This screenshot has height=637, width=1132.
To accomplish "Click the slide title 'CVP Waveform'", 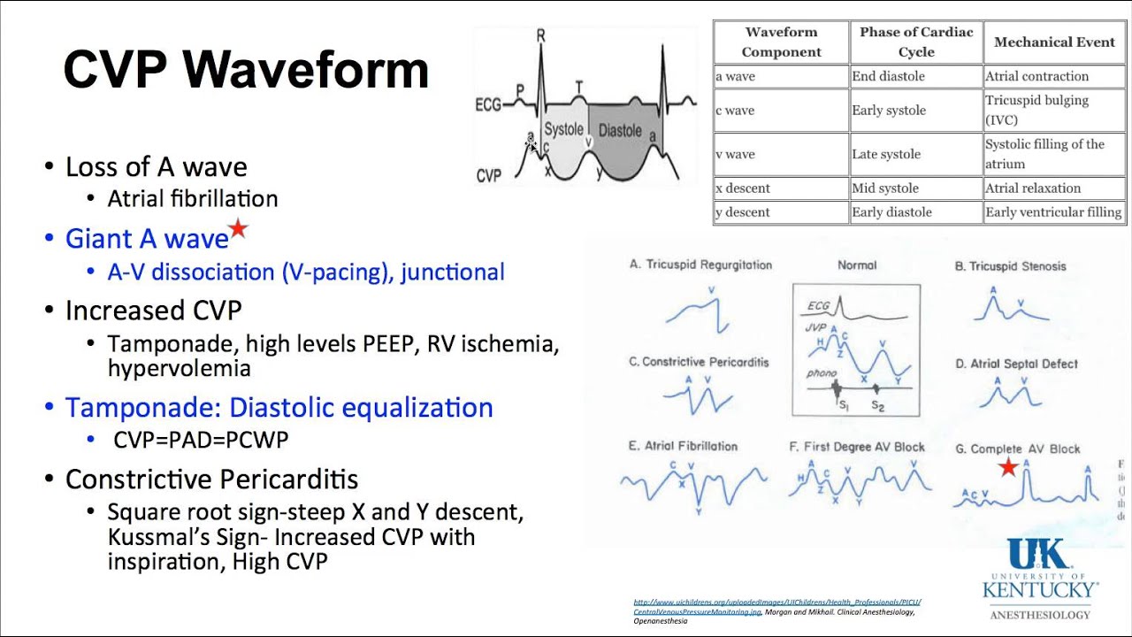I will [246, 70].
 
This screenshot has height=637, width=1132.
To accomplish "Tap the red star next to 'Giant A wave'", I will [238, 230].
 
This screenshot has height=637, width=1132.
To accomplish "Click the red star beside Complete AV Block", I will [1007, 467].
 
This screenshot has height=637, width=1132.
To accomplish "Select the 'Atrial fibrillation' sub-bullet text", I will [193, 198].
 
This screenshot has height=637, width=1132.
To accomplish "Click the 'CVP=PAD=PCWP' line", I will [201, 439].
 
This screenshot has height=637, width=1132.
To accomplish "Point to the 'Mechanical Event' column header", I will [1054, 42].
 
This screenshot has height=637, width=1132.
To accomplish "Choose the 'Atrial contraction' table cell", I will [1036, 76].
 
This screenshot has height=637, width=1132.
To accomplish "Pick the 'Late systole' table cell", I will [885, 154].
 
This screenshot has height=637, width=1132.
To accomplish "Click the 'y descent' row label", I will [743, 212].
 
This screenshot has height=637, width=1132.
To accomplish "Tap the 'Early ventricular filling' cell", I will [1053, 212].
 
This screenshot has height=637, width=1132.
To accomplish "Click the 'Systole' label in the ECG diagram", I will [563, 129].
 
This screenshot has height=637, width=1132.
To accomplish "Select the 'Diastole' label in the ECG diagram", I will [620, 131].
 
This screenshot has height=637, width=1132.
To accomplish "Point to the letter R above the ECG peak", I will [541, 35].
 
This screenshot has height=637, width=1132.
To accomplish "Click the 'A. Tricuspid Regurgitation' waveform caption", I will [700, 265].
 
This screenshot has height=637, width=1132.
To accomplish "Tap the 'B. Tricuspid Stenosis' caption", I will [1010, 265].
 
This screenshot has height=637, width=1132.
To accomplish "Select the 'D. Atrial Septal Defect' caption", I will [1016, 364].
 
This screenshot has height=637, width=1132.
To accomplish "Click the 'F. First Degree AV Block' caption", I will [856, 447].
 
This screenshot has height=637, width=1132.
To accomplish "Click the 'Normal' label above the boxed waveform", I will [856, 265].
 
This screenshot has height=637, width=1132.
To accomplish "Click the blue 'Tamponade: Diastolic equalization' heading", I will [279, 408].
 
